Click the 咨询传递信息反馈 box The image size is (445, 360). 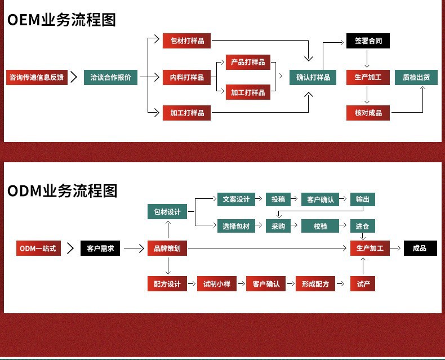(x=36, y=77)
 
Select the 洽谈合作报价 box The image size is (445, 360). (x=110, y=77)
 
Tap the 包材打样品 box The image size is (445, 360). (x=187, y=41)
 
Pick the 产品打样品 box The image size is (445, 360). (x=248, y=62)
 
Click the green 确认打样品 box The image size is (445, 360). (x=313, y=77)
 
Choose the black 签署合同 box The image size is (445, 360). (x=368, y=41)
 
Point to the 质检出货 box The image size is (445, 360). (x=416, y=77)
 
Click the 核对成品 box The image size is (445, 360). (x=368, y=113)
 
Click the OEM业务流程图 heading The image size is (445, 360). (x=61, y=20)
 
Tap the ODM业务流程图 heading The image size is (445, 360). (x=62, y=190)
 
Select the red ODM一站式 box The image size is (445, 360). (x=38, y=248)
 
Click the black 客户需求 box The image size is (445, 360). (x=100, y=248)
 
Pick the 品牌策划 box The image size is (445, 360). (x=167, y=248)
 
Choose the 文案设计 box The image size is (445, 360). (x=236, y=199)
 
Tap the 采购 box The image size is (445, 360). (x=278, y=226)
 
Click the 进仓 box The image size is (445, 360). (x=362, y=226)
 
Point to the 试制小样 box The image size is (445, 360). (x=217, y=283)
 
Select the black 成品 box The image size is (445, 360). (x=420, y=248)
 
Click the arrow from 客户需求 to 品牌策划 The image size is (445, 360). (x=133, y=248)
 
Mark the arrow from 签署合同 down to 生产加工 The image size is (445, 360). (x=367, y=59)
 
